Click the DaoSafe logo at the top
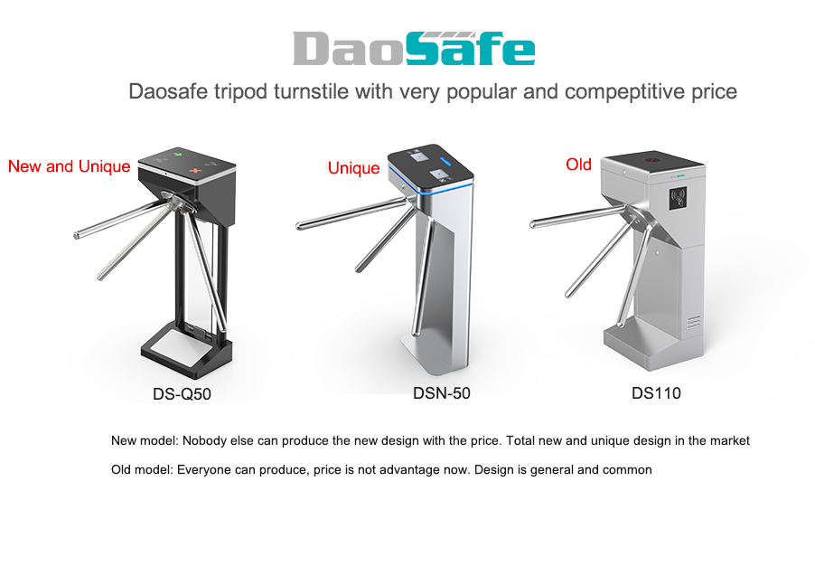click(414, 49)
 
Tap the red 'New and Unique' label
click(70, 166)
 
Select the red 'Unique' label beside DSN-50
click(353, 168)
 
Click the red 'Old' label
click(578, 165)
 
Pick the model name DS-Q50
click(182, 394)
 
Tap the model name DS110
click(656, 393)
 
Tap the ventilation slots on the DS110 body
click(692, 323)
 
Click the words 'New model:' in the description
click(145, 441)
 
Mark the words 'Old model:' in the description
click(142, 470)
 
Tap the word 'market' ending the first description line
click(729, 441)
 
